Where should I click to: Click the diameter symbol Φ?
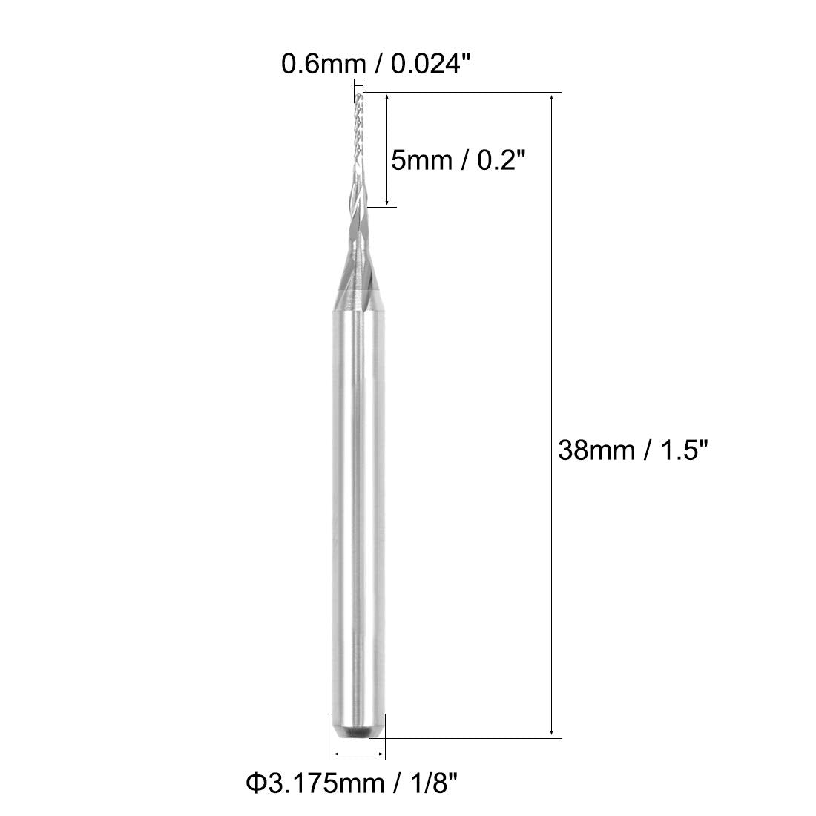254,783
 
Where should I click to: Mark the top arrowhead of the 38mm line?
551,97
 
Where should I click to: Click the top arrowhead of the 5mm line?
387,97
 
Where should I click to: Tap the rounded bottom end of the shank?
357,732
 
